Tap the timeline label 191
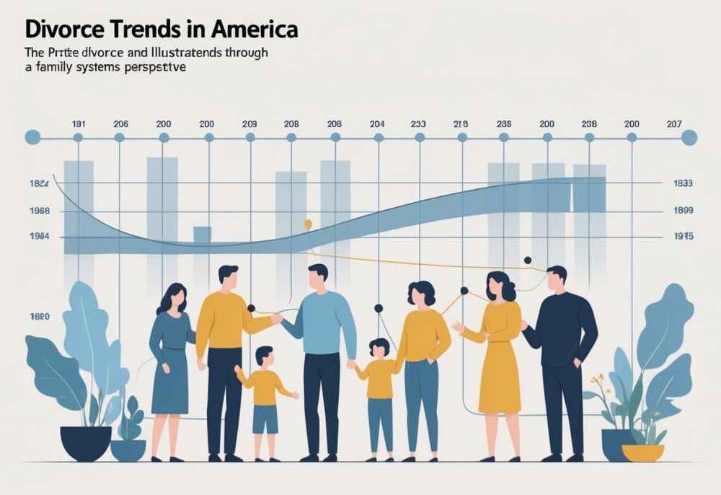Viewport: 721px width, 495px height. coord(79,124)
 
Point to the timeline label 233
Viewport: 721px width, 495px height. coord(418,124)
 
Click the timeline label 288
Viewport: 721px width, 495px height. coord(504,124)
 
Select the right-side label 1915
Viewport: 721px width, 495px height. coord(682,236)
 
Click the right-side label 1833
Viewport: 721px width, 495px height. coord(682,183)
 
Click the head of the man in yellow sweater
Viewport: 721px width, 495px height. coord(228,276)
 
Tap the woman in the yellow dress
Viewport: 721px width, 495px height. coord(500,354)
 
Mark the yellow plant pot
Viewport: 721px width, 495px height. coord(642,452)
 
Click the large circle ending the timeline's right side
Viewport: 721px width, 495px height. coord(689,137)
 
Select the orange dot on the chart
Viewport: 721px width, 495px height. coord(308,224)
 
